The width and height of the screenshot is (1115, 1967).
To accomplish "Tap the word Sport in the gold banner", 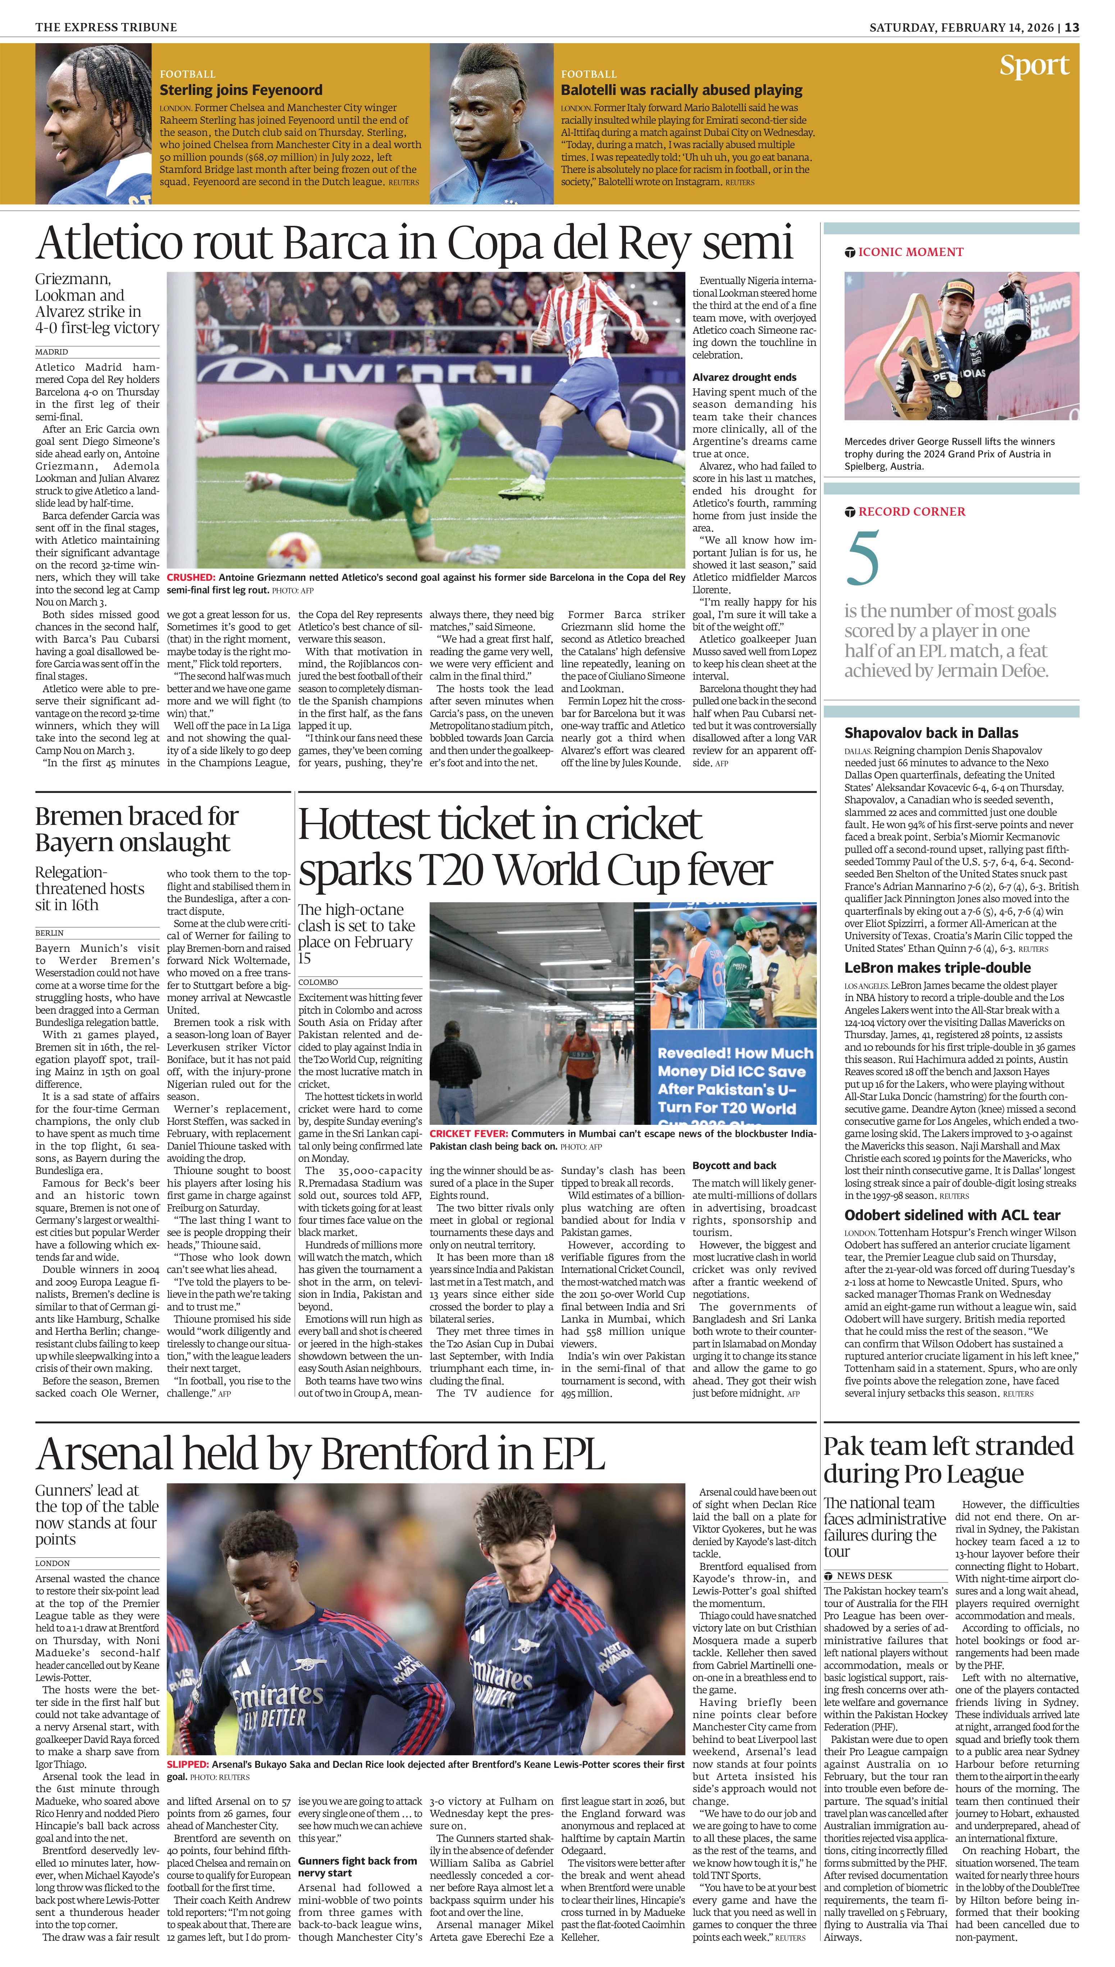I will click(x=1034, y=66).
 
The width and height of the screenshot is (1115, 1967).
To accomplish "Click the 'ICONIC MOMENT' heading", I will click(x=910, y=252).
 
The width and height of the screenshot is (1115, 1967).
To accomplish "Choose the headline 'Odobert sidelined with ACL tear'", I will click(x=952, y=1215).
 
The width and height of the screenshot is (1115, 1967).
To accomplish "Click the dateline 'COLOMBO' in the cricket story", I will click(x=318, y=982).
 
